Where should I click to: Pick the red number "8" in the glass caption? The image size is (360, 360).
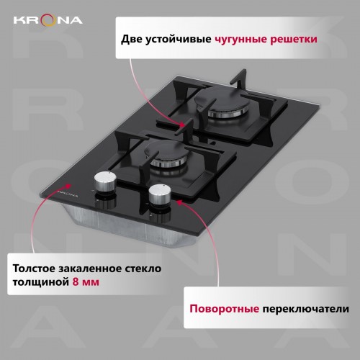tap(77, 283)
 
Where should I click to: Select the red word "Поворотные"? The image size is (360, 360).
tap(224, 310)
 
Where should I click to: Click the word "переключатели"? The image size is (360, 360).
tap(305, 310)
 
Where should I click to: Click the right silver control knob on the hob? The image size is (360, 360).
tap(158, 195)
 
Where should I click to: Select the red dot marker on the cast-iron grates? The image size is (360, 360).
tap(184, 125)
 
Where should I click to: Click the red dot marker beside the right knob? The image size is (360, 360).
tap(178, 203)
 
